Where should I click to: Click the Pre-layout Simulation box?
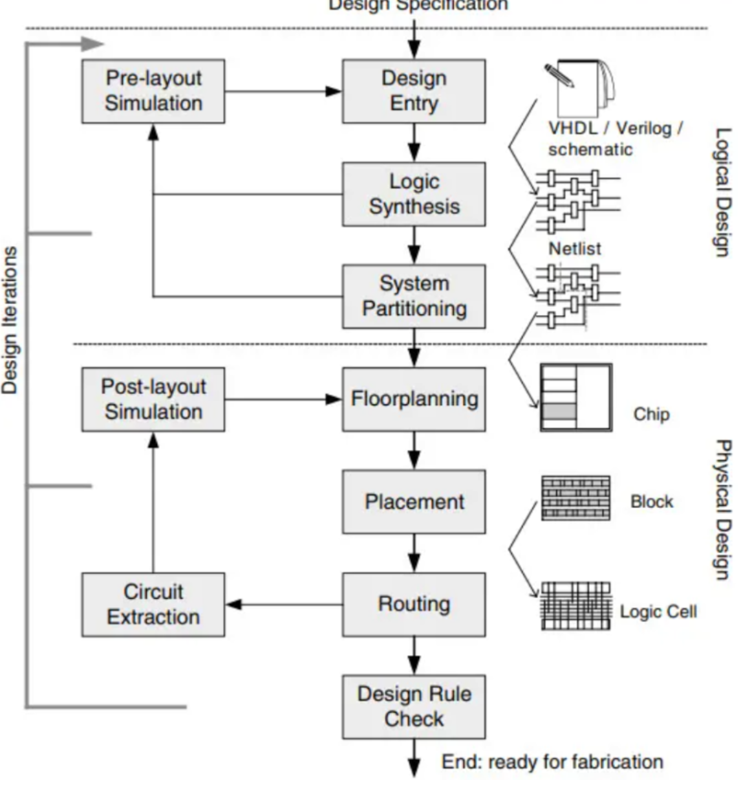(x=153, y=91)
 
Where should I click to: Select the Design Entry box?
(x=414, y=91)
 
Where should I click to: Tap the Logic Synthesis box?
(x=414, y=194)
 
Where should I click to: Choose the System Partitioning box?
(x=414, y=296)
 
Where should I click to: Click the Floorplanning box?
(x=414, y=399)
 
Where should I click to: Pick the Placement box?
(x=414, y=502)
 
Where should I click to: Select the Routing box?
(x=414, y=604)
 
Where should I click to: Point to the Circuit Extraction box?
(x=153, y=604)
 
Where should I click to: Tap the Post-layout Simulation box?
(x=153, y=399)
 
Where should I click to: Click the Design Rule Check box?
(x=414, y=706)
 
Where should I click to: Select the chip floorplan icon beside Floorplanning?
(x=575, y=397)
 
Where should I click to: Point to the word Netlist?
(x=574, y=249)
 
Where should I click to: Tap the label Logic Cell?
(x=658, y=612)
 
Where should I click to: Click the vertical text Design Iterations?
(x=10, y=320)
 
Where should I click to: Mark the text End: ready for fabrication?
(x=552, y=762)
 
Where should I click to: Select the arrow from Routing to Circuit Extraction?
(x=284, y=605)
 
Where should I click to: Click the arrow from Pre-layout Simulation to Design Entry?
(x=283, y=91)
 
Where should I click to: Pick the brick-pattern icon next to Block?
(x=575, y=498)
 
